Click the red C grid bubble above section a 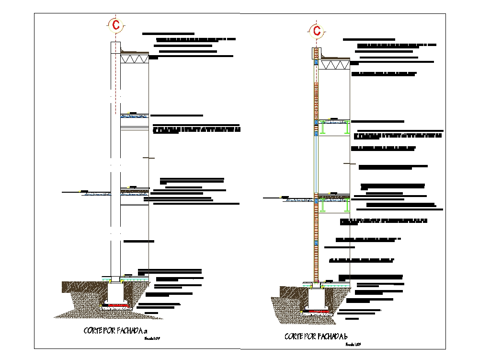(x=115, y=24)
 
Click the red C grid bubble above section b (x=317, y=31)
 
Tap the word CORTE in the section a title (x=93, y=330)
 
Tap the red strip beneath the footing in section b (x=317, y=311)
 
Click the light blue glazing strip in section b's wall (x=316, y=163)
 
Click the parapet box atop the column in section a (x=116, y=47)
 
